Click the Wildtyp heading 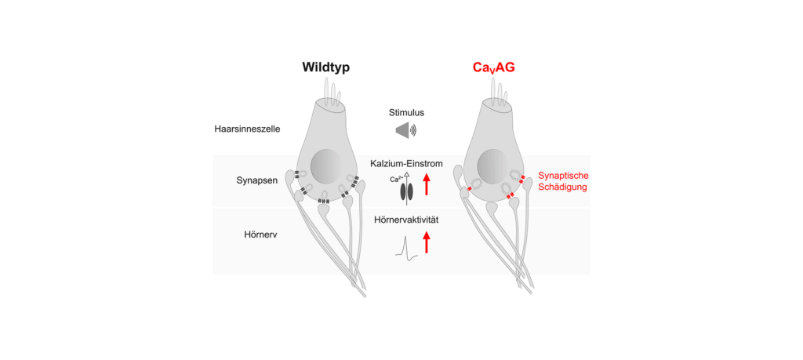coord(325,67)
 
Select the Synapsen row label coord(255,180)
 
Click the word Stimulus coord(406,112)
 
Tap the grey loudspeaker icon coord(405,130)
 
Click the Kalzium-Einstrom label coord(406,163)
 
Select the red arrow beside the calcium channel coord(427,184)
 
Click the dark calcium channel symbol coord(406,191)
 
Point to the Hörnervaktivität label coord(406,220)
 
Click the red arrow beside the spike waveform coord(427,241)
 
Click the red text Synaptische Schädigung coord(563,183)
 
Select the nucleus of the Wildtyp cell coord(326,169)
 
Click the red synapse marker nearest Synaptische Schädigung coord(521,180)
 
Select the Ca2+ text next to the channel coord(396,180)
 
